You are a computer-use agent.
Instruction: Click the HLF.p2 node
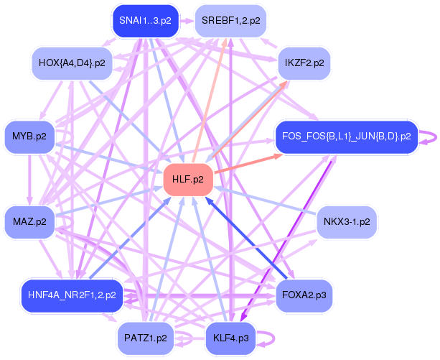[188, 179]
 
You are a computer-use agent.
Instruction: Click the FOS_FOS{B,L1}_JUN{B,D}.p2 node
[346, 136]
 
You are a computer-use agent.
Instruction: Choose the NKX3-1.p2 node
[347, 221]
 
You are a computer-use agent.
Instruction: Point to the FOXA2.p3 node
[304, 295]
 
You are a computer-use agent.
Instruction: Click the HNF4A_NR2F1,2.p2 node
[72, 295]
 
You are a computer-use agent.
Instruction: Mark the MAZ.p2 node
[29, 221]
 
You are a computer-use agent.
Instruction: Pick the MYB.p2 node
[29, 135]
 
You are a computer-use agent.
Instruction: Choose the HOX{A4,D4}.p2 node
[72, 63]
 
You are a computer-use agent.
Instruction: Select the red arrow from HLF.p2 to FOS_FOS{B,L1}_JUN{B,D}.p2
[244, 161]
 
